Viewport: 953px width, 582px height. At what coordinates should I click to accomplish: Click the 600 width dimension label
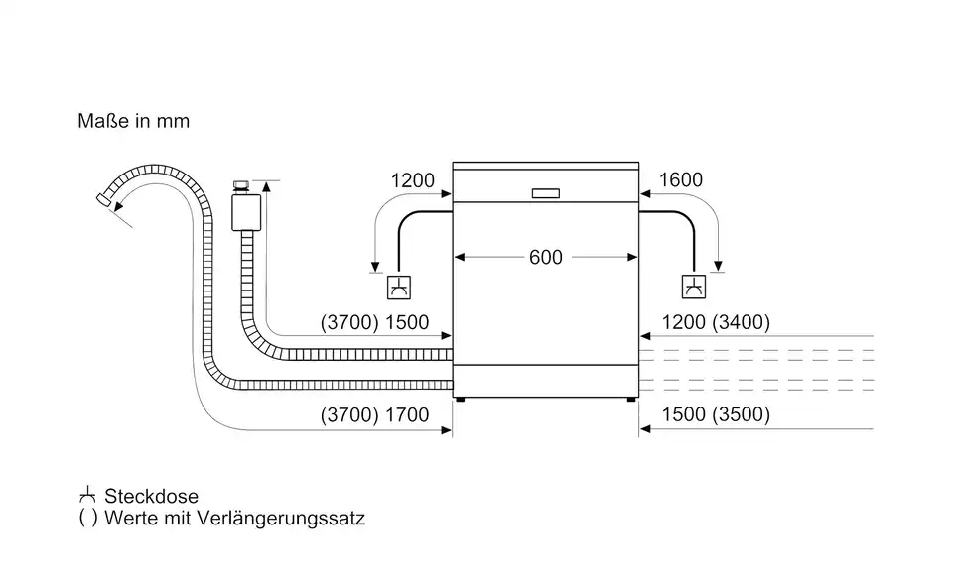pyautogui.click(x=545, y=258)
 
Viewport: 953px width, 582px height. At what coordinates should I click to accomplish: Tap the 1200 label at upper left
pyautogui.click(x=413, y=180)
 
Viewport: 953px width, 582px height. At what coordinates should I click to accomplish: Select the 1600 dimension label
pyautogui.click(x=681, y=179)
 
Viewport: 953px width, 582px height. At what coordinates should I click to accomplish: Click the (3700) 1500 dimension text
pyautogui.click(x=374, y=322)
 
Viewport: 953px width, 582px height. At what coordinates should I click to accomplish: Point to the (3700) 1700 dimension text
pyautogui.click(x=374, y=415)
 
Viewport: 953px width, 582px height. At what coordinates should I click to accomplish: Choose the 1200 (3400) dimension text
pyautogui.click(x=716, y=322)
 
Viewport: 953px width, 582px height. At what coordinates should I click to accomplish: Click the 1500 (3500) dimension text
pyautogui.click(x=716, y=414)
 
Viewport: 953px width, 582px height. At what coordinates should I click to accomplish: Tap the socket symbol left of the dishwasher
pyautogui.click(x=399, y=288)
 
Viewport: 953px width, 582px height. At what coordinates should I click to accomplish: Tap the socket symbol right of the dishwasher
pyautogui.click(x=694, y=288)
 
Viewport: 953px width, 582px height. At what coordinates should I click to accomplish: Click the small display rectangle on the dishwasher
pyautogui.click(x=545, y=193)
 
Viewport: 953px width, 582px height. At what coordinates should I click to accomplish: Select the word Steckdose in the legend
pyautogui.click(x=151, y=496)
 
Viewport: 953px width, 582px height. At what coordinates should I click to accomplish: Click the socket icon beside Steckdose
pyautogui.click(x=87, y=495)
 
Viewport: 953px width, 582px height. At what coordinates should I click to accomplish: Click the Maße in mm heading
pyautogui.click(x=134, y=121)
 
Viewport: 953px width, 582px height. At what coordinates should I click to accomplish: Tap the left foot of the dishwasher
pyautogui.click(x=460, y=400)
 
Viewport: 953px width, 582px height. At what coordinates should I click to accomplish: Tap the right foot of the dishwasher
pyautogui.click(x=632, y=400)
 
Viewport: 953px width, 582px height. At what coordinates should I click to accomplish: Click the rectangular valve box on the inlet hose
pyautogui.click(x=246, y=212)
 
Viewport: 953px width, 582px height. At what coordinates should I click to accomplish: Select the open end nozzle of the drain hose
pyautogui.click(x=104, y=199)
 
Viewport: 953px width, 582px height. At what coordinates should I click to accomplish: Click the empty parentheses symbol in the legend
pyautogui.click(x=88, y=518)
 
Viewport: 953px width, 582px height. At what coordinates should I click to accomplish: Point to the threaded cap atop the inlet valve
pyautogui.click(x=241, y=187)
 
